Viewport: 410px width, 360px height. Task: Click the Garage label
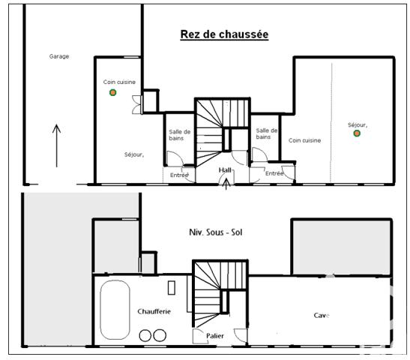click(59, 56)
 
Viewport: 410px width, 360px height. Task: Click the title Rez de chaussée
click(224, 34)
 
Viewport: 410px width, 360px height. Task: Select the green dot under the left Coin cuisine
click(112, 92)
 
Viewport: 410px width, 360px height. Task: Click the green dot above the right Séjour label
click(357, 133)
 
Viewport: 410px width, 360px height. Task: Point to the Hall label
click(225, 170)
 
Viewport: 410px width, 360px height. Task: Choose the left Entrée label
click(179, 175)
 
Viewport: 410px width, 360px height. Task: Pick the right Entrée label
click(274, 173)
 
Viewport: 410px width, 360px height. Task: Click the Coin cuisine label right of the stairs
click(305, 140)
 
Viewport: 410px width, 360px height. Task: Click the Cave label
click(321, 316)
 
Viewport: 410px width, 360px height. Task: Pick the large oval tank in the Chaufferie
click(115, 310)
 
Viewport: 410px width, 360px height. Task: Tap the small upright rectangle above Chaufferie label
click(172, 286)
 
